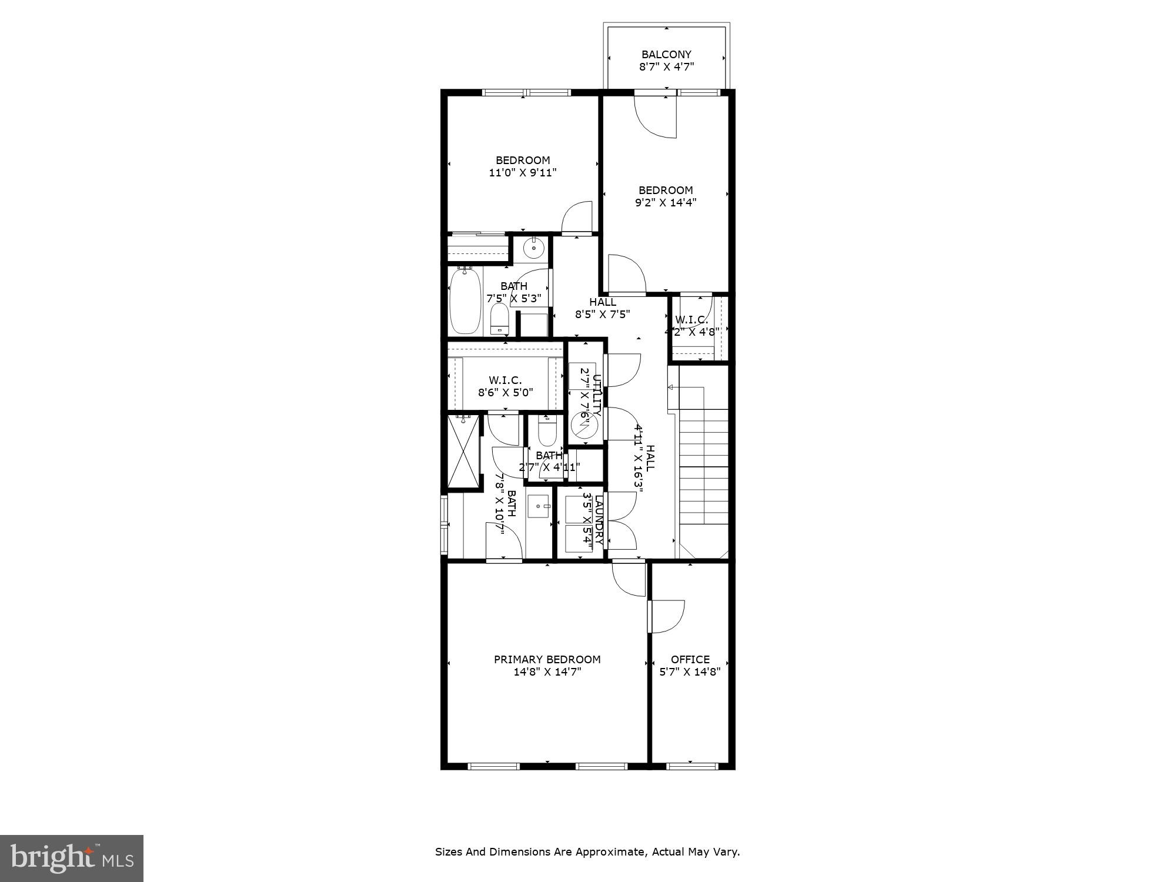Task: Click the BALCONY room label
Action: tap(666, 55)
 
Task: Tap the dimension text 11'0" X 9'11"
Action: tap(522, 173)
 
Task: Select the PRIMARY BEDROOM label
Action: tap(547, 659)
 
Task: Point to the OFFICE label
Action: tap(690, 659)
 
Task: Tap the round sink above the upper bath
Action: tap(533, 248)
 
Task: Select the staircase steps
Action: tap(704, 465)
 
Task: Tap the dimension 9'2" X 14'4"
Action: tap(666, 203)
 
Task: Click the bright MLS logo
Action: tap(72, 859)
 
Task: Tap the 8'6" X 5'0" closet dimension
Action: tap(505, 392)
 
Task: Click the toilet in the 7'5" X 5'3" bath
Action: tap(499, 318)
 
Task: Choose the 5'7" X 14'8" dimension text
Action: tap(690, 671)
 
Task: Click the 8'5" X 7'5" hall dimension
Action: tap(602, 314)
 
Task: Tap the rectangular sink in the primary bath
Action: tap(538, 506)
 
